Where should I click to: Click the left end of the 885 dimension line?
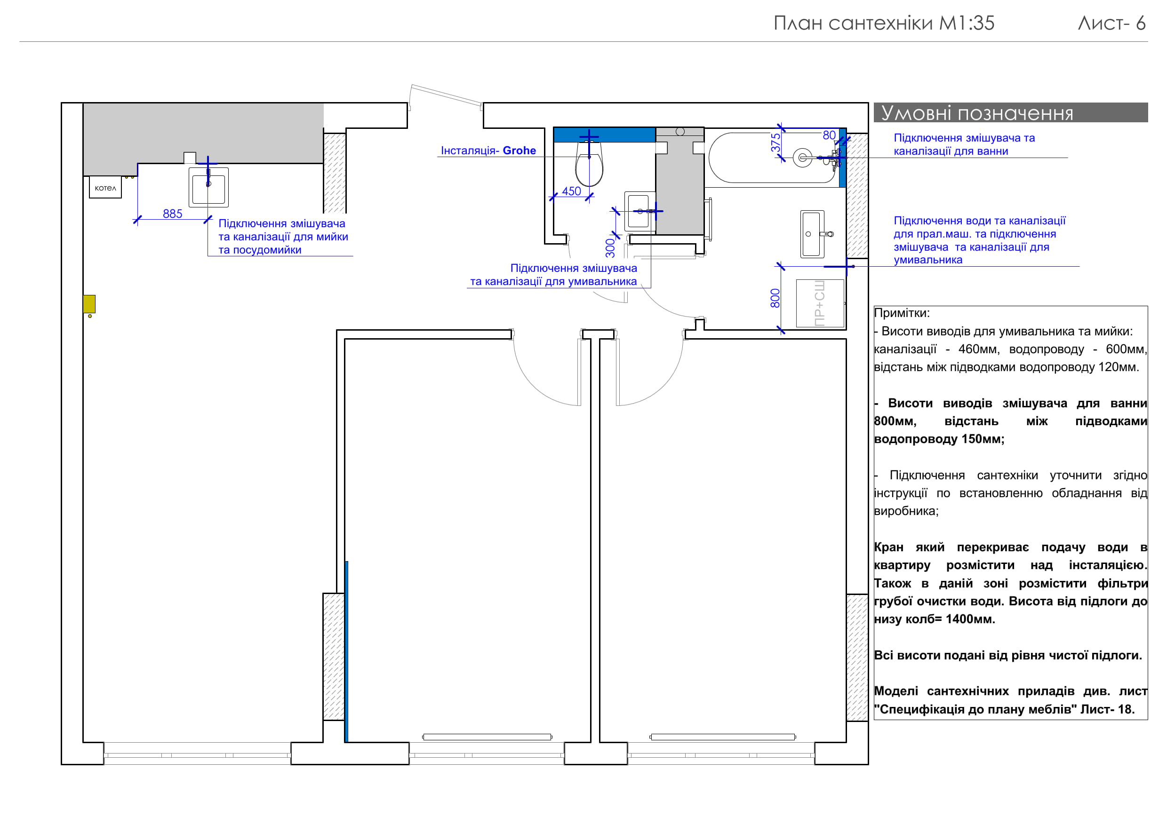137,220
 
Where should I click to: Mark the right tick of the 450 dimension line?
590,197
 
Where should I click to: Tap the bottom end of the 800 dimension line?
781,331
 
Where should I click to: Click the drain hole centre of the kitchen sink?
208,184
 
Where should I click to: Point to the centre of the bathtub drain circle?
803,158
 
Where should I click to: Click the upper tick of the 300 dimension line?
615,211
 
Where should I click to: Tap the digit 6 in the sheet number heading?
1141,24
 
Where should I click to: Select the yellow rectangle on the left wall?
89,304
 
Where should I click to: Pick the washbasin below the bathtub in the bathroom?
812,234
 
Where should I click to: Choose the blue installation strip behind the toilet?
604,135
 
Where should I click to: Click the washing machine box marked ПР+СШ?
820,303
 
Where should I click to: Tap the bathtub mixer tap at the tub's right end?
835,158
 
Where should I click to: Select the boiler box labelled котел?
105,188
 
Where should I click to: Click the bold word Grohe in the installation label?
519,151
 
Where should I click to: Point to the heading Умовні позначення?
976,113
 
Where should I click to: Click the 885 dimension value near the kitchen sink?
172,214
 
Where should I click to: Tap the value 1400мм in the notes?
970,619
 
